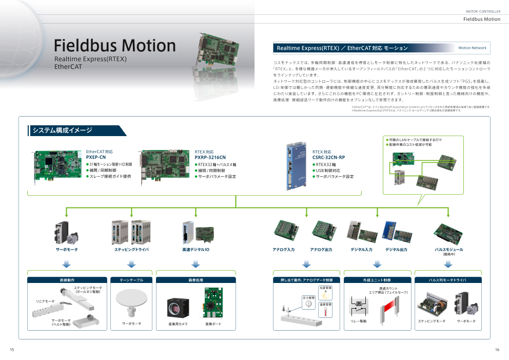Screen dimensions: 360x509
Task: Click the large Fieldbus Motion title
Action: [115, 45]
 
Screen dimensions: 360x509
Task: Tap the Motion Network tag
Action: [472, 48]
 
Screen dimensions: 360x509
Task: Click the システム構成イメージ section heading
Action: [62, 130]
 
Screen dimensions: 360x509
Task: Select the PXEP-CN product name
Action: [96, 157]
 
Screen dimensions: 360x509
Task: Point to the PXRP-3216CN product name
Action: [210, 157]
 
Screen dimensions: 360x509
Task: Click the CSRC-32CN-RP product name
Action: [328, 157]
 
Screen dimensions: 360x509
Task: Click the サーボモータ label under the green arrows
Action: [67, 250]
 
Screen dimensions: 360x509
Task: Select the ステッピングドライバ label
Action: [131, 250]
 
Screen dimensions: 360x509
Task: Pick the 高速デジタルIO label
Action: [195, 250]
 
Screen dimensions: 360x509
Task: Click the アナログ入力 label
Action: [283, 250]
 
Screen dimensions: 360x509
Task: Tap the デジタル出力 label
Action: [396, 250]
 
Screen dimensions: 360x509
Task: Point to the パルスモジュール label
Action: [449, 250]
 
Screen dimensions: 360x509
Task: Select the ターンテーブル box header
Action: [131, 280]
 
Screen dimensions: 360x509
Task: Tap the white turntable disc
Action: [131, 297]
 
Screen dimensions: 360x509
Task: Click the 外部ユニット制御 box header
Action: [377, 280]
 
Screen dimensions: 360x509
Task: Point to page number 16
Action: [497, 350]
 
